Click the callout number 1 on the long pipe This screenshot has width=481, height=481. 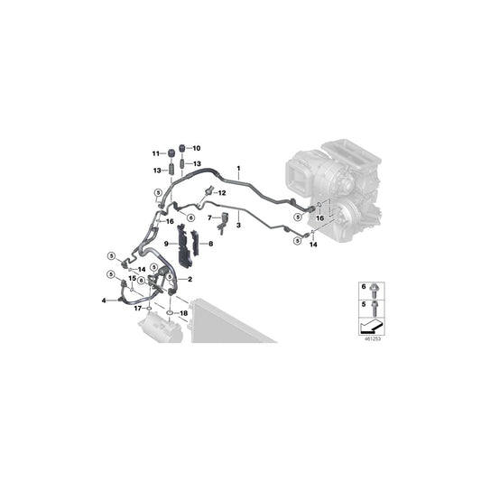click(239, 169)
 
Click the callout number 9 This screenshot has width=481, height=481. click(167, 244)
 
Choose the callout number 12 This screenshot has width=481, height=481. click(222, 194)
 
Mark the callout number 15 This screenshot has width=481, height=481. click(130, 279)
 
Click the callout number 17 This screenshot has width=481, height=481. click(138, 309)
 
